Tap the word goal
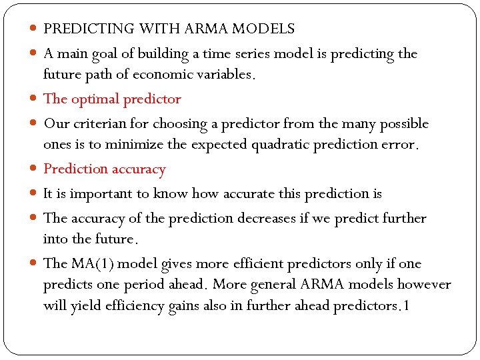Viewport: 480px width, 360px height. click(x=110, y=53)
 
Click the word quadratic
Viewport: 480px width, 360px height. click(x=283, y=145)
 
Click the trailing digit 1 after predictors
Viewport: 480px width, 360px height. click(x=407, y=306)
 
